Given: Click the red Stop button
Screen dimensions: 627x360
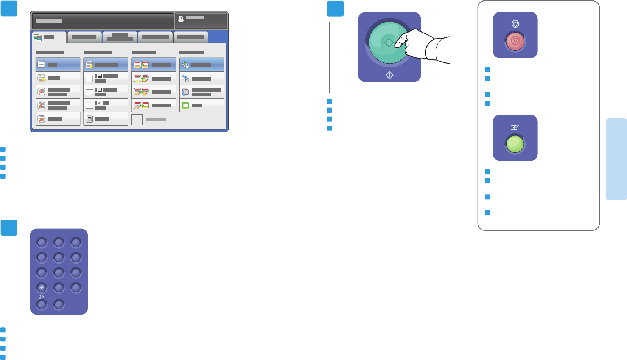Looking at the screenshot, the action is pos(515,41).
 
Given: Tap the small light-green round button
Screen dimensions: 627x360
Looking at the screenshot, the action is pos(515,144).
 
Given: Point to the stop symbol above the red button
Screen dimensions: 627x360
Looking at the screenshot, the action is pos(515,24).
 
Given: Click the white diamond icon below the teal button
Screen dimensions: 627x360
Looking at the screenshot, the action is pos(389,76).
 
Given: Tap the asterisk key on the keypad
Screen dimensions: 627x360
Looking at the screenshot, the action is pos(42,288).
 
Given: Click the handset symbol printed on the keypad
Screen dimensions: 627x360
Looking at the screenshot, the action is pos(41,296).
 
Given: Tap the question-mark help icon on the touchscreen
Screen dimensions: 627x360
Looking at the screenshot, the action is pos(181,19).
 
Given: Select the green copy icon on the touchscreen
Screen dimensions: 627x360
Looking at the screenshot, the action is pos(185,106).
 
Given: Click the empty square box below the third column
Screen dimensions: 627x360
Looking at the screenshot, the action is pos(137,119).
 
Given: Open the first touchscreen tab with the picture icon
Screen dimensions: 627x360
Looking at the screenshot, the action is pos(49,37).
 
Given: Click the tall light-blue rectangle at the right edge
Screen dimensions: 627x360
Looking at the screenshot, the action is pos(616,159).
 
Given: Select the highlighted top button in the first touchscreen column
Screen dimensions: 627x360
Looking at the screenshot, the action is pos(58,65).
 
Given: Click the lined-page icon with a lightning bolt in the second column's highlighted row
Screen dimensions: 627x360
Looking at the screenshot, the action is pos(89,65).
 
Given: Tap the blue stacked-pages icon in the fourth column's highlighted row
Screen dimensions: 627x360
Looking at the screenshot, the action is pos(185,65).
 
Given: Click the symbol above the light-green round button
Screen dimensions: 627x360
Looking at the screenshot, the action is pos(515,127).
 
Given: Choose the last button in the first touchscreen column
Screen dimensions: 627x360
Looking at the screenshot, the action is pos(58,119).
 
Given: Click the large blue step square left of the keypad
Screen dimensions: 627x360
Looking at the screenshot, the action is pos(9,228).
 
